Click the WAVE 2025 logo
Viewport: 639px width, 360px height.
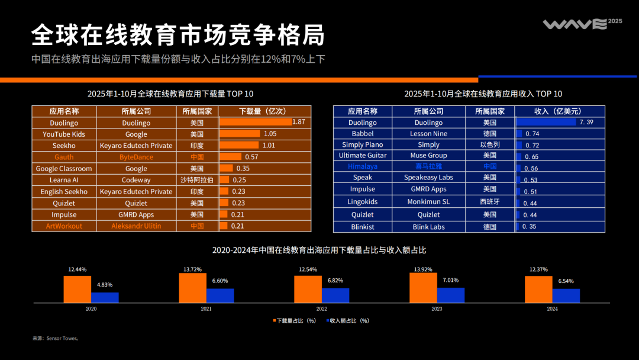tap(582, 24)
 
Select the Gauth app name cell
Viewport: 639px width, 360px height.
tap(64, 157)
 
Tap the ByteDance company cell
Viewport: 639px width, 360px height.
tap(136, 157)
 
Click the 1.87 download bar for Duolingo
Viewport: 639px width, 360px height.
tap(256, 122)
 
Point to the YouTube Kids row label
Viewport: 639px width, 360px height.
tap(64, 134)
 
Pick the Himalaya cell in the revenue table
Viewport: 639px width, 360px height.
tap(363, 166)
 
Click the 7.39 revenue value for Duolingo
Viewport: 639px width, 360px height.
tap(586, 122)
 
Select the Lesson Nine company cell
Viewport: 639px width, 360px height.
tap(428, 134)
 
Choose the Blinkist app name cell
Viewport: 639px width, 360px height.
tap(363, 227)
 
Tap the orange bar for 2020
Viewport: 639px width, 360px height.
tap(78, 290)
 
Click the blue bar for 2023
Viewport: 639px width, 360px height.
tap(451, 295)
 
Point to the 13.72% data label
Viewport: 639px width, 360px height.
tap(193, 269)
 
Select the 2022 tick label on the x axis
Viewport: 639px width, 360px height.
tap(321, 309)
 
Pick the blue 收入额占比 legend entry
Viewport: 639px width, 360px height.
tap(347, 320)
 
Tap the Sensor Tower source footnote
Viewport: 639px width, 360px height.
tap(56, 339)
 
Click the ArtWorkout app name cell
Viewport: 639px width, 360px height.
tap(64, 226)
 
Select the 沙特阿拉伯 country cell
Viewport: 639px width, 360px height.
tap(197, 180)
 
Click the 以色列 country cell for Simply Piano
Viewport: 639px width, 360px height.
tap(489, 144)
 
